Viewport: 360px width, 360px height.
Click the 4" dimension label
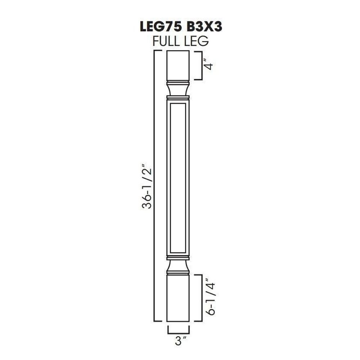(x=208, y=66)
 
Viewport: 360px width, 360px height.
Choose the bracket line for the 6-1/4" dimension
(x=201, y=298)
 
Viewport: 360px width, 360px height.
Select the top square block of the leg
(x=178, y=65)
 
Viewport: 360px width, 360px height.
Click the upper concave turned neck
(x=178, y=88)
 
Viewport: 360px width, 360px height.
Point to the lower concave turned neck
(x=178, y=267)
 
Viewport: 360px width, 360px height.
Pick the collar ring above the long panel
(x=178, y=97)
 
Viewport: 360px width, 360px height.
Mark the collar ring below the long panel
(x=178, y=257)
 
